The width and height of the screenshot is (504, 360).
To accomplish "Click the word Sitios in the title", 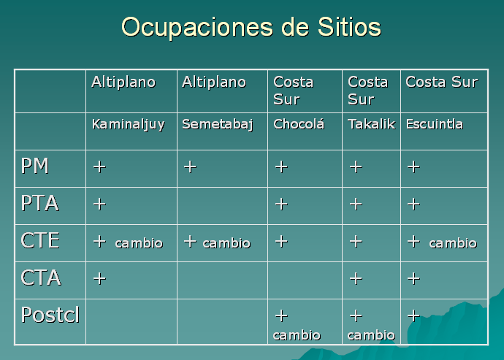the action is point(349,26).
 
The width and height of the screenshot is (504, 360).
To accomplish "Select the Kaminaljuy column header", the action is point(129,125).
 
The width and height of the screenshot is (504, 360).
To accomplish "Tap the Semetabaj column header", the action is point(218,125).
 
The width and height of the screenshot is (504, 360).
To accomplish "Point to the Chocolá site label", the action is point(299,123).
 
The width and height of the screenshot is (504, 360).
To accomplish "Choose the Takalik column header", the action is point(371,123).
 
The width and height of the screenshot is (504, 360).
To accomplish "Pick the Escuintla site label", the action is point(435,123).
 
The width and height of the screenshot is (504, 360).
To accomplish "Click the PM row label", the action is point(35,166).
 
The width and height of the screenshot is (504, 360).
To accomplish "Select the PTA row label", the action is point(40,203).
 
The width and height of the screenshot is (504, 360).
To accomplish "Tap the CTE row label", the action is point(40,240).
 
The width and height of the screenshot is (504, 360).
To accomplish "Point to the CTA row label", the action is point(41,277).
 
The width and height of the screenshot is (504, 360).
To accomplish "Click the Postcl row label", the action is point(50,314).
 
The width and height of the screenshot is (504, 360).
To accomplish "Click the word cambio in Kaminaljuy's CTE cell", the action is point(139,243).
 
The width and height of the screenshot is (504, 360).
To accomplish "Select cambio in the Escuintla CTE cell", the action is point(453,243).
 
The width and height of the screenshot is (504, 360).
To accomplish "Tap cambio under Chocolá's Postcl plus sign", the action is point(297,335).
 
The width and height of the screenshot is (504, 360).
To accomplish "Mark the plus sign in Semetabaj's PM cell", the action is point(190,166).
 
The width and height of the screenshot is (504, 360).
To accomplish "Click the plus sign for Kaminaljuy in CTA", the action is point(99,278).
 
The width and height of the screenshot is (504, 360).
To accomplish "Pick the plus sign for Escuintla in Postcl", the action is point(413,315).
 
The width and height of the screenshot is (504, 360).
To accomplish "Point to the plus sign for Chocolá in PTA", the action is point(281,204).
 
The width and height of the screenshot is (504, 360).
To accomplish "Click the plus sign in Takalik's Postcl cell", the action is point(356,315).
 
